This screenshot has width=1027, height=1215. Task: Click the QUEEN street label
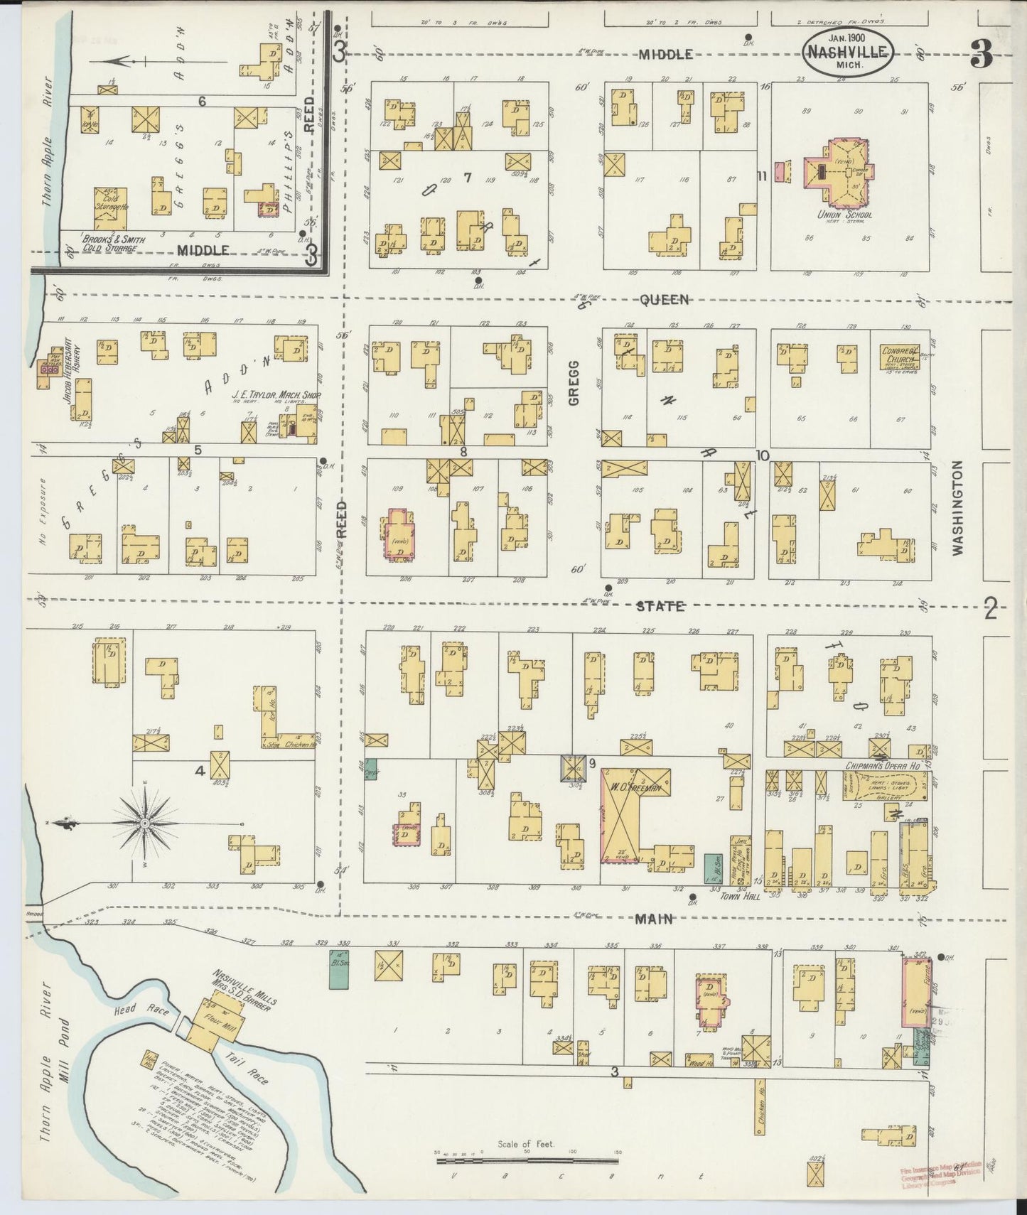coord(664,300)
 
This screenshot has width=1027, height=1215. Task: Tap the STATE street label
coord(660,606)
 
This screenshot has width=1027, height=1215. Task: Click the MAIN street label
coord(654,919)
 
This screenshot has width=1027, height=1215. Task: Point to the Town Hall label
coord(741,897)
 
